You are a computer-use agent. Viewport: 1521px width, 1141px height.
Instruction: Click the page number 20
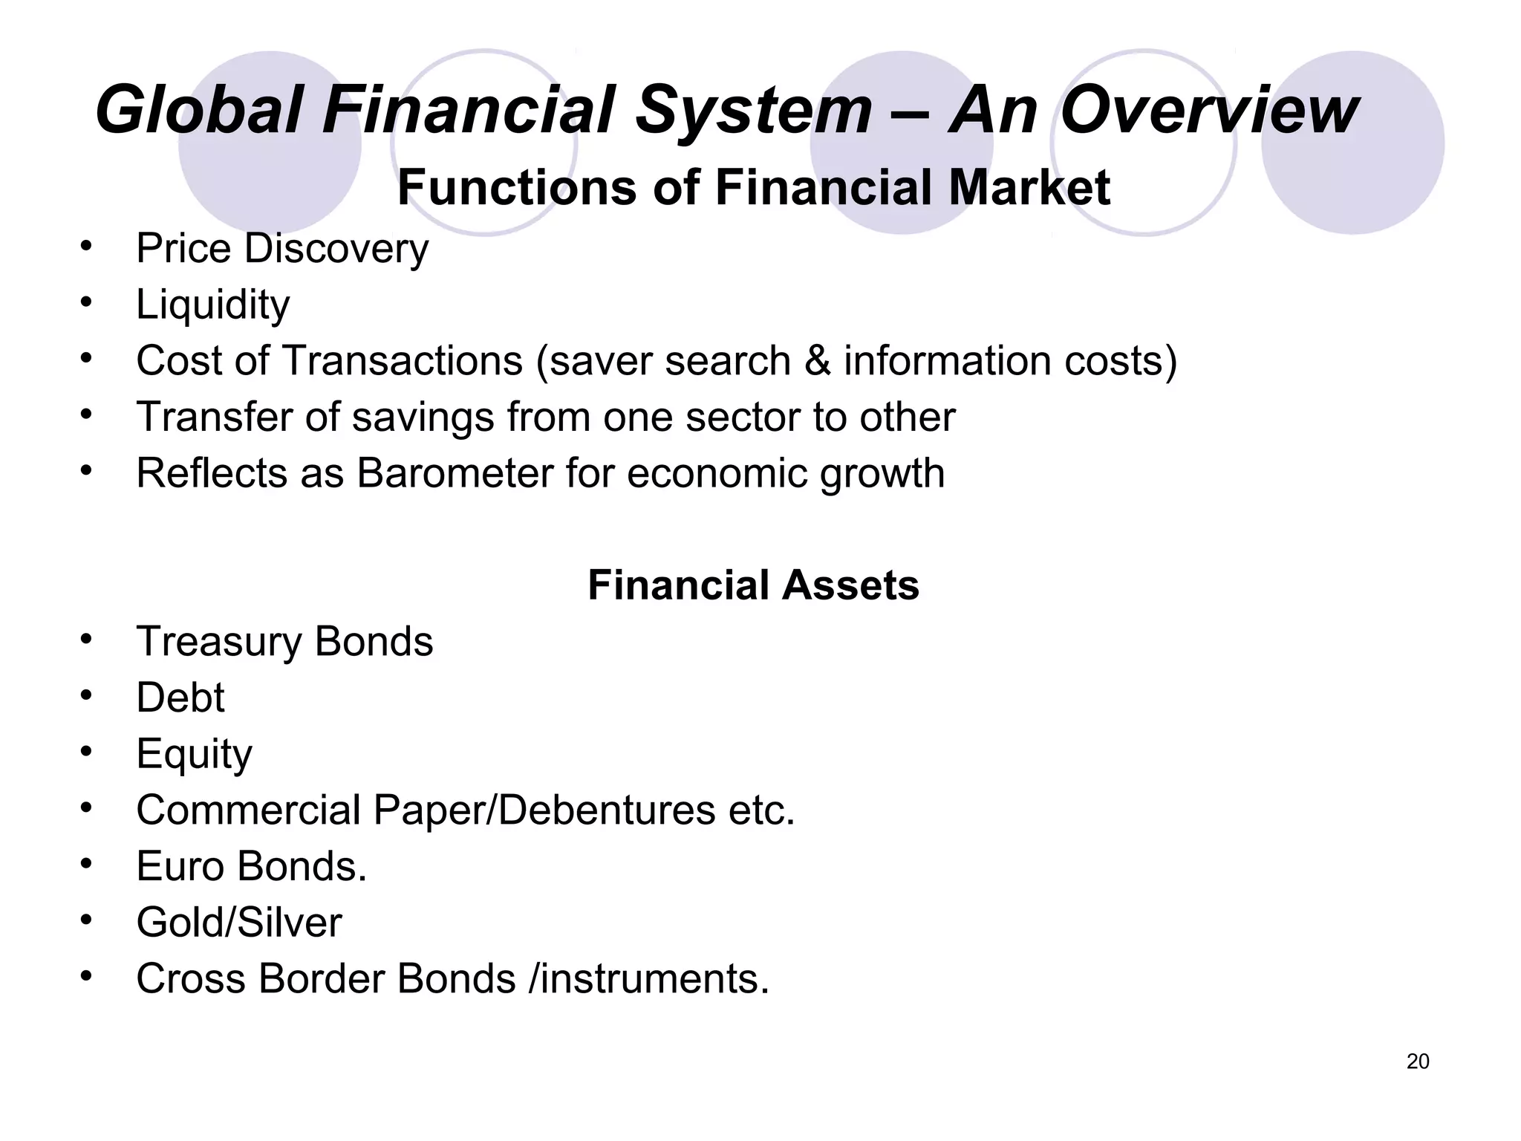[1417, 1062]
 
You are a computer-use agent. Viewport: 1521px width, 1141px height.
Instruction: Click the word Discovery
[336, 248]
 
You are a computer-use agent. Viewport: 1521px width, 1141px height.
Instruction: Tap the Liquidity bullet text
[212, 305]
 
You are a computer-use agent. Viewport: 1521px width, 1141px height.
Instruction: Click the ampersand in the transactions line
[817, 361]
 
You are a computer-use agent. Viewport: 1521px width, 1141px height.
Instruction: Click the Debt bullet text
[180, 698]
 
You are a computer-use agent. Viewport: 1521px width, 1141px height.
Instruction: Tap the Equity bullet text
[194, 754]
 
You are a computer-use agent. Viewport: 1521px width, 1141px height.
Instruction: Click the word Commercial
[248, 810]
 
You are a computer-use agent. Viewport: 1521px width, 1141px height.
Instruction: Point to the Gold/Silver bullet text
[238, 923]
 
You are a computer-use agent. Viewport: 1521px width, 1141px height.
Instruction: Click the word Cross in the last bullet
[190, 978]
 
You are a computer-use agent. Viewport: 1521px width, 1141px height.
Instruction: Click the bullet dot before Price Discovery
[86, 245]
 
